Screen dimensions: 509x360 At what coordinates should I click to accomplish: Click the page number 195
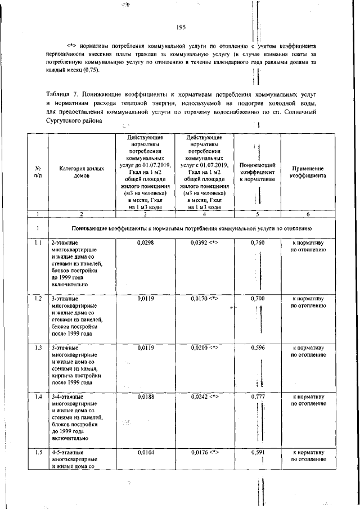point(181,27)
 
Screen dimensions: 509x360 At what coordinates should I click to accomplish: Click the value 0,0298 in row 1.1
point(146,242)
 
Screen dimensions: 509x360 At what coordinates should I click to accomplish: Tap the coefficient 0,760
point(257,242)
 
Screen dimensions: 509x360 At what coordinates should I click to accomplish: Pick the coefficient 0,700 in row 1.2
point(257,299)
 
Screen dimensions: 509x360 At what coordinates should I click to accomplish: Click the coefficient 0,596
point(257,348)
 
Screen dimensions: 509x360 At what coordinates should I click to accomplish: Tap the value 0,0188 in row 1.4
point(146,397)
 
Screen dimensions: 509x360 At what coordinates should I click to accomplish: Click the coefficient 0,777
point(257,397)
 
